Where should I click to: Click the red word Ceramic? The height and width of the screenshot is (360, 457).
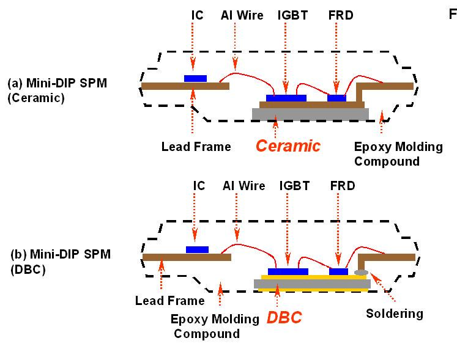288,146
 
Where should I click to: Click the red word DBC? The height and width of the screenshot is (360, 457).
284,318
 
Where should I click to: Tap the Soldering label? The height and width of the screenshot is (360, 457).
394,314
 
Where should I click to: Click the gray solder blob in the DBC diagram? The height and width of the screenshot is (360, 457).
361,271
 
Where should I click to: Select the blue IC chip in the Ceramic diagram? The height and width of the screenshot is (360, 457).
195,79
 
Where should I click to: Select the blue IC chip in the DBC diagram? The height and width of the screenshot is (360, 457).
197,249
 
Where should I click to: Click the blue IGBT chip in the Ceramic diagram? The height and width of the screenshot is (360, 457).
286,98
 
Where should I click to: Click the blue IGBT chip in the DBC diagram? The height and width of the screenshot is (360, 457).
288,271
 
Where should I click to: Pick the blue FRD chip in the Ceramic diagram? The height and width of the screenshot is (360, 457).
336,98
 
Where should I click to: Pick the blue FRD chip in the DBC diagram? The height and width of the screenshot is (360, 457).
338,271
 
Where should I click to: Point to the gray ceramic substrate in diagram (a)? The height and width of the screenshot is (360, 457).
310,114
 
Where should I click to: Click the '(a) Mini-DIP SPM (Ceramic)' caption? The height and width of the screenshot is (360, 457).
57,90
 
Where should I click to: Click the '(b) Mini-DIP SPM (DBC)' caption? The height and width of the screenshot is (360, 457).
59,261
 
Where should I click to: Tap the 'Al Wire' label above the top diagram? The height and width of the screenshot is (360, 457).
242,15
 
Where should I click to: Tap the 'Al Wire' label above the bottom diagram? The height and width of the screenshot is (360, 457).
243,186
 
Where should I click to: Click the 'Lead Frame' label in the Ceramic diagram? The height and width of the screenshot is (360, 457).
196,147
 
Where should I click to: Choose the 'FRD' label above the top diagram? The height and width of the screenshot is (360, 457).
340,15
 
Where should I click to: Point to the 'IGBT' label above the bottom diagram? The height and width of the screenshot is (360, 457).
294,186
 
